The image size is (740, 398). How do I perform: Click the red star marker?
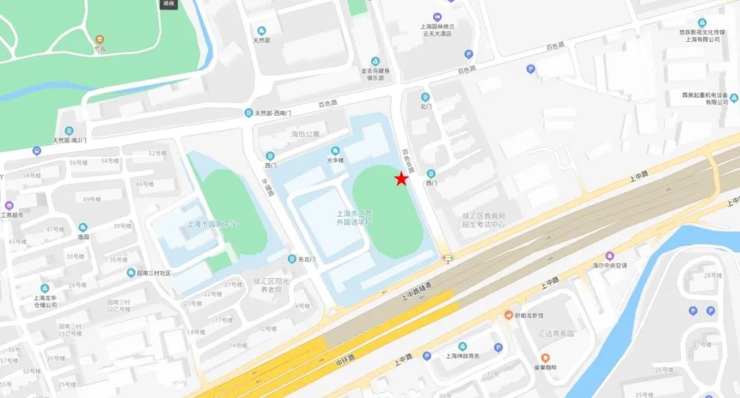click(x=401, y=179)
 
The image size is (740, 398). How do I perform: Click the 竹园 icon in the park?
click(x=101, y=38)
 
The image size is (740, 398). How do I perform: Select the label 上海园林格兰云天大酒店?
click(x=437, y=29)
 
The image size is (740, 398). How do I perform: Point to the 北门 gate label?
click(x=425, y=106)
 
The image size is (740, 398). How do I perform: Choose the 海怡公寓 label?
click(x=305, y=134)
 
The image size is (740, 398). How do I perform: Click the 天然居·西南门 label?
click(x=273, y=113)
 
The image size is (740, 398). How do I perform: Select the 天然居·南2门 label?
click(x=70, y=140)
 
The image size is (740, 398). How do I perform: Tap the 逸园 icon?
click(x=83, y=227)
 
